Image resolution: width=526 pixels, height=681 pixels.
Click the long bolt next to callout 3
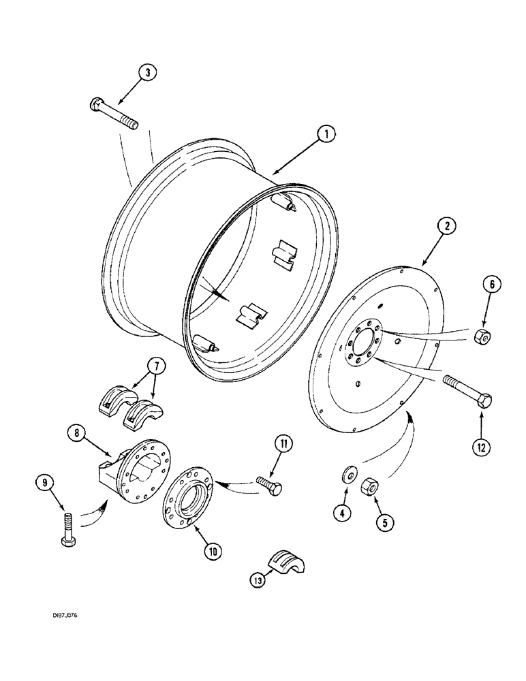(x=114, y=114)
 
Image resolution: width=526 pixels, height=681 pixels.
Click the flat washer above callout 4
(x=348, y=472)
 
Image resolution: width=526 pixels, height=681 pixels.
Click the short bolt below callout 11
(x=270, y=485)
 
